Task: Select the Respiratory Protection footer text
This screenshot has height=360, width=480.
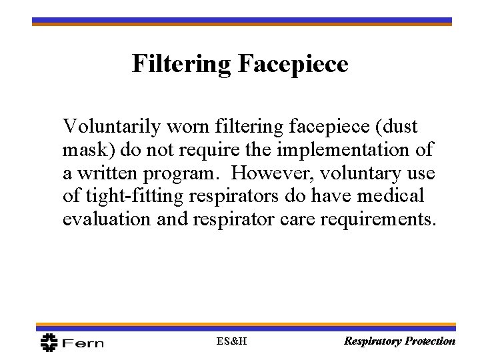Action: [399, 341]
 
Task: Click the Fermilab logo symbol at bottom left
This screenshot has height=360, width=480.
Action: [49, 342]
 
